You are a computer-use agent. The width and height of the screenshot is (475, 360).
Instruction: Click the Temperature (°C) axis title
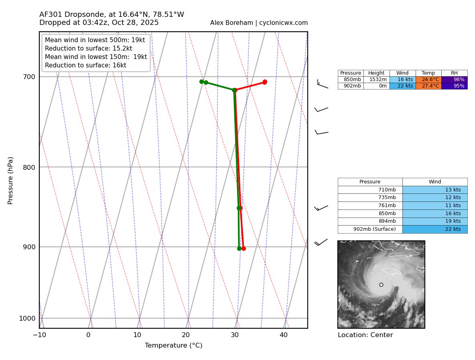[173, 346]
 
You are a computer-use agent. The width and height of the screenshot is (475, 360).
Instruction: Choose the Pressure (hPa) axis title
[10, 180]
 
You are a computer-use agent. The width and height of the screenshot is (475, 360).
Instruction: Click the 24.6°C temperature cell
[428, 79]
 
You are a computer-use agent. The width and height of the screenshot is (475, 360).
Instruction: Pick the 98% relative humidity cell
[455, 79]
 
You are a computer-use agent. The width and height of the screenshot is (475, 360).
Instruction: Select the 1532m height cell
[376, 79]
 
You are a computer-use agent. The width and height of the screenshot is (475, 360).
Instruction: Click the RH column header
[455, 73]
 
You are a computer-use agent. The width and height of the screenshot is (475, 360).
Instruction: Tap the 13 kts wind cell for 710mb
[435, 189]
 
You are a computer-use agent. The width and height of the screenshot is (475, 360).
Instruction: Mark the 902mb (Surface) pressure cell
[370, 229]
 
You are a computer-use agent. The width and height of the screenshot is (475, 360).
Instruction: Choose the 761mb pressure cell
[370, 205]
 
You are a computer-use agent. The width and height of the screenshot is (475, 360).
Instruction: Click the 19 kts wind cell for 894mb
[435, 221]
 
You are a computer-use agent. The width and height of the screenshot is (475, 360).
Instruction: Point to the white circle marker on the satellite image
[381, 285]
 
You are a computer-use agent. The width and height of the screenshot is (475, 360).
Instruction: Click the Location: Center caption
[365, 335]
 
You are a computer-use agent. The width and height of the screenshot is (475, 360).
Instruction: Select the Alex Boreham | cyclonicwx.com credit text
[259, 23]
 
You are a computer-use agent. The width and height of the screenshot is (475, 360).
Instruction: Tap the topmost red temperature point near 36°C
[265, 82]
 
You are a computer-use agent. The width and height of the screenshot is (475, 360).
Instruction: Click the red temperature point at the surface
[244, 248]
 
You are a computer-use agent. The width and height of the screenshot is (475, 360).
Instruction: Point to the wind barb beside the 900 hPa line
[321, 242]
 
